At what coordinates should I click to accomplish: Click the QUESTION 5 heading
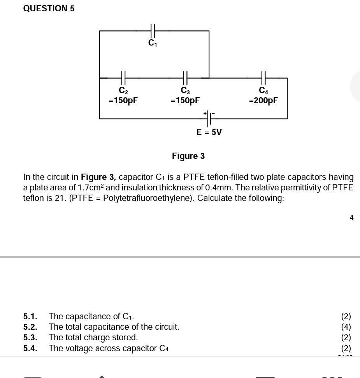coord(49,9)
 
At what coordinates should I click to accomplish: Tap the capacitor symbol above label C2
coord(123,78)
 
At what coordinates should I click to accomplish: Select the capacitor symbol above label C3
coord(185,78)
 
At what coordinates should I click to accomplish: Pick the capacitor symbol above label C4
coord(263,78)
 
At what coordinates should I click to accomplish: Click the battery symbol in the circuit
coord(209,118)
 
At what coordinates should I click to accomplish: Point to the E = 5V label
coord(209,132)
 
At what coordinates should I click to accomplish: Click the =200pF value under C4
coord(263,100)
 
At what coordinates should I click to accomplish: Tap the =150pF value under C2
coord(123,100)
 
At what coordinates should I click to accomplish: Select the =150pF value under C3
coord(185,100)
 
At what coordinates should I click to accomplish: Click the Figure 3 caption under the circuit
coord(188,156)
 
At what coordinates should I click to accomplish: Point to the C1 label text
coord(153,43)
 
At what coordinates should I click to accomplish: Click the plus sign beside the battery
coord(205,113)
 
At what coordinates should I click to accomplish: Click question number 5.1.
coord(30,316)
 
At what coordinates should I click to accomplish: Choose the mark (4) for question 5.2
coord(346,327)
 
